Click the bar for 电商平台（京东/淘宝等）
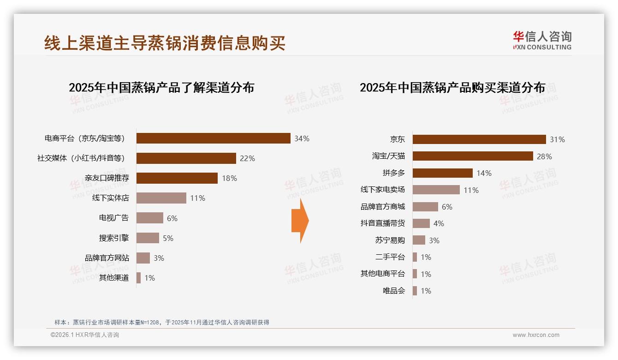(x=213, y=138)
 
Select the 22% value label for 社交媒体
(x=247, y=158)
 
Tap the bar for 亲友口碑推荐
(x=177, y=178)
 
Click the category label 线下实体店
(x=111, y=198)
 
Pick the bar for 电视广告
(x=149, y=218)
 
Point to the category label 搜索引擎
(x=114, y=238)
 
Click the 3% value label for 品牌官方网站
(x=159, y=258)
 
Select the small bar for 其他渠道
(x=138, y=278)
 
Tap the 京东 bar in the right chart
(x=479, y=139)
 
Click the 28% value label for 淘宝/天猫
(x=544, y=156)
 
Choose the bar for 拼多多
(x=442, y=173)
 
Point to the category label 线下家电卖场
(x=382, y=190)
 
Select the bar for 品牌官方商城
(x=425, y=207)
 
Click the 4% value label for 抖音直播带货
(x=439, y=223)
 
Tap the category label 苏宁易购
(x=390, y=240)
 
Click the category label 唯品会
(x=393, y=291)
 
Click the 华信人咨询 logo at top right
(x=542, y=40)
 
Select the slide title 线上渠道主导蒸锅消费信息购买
(x=165, y=43)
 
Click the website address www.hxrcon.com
(x=536, y=335)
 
